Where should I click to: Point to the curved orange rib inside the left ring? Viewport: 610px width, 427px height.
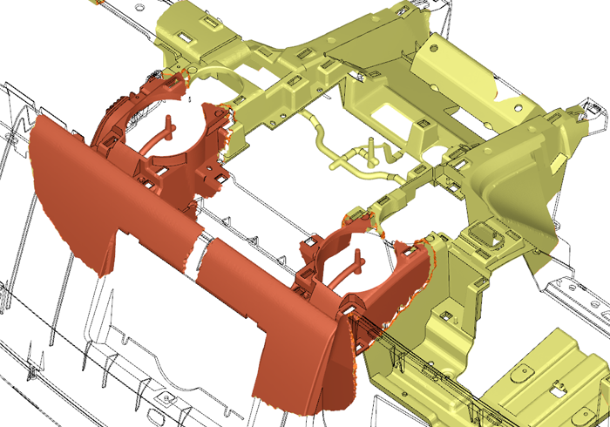pyautogui.click(x=161, y=143)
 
